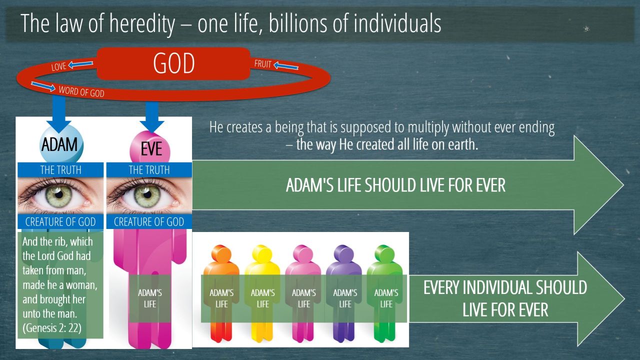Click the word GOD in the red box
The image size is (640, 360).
coord(173,63)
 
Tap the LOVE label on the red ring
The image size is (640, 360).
coord(58,66)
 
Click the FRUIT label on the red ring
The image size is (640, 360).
coord(262,63)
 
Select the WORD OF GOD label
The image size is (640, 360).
coord(81,91)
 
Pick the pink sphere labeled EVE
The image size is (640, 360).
coord(150,148)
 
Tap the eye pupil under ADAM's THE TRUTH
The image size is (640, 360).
coord(59,194)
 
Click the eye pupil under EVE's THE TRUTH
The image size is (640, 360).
coord(147,194)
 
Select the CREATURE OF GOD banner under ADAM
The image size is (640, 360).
coord(60,221)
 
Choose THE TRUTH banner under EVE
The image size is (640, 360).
coord(149,170)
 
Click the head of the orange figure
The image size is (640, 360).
coord(221,253)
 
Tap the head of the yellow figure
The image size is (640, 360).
coord(262,253)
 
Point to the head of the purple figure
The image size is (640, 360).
coord(344,253)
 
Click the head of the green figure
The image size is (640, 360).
coord(384,253)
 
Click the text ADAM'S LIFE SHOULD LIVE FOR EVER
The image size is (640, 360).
coord(395,185)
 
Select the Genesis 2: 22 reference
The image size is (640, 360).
coord(52,328)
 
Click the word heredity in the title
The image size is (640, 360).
coord(142,23)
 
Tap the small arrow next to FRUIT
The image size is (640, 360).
coord(286,66)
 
